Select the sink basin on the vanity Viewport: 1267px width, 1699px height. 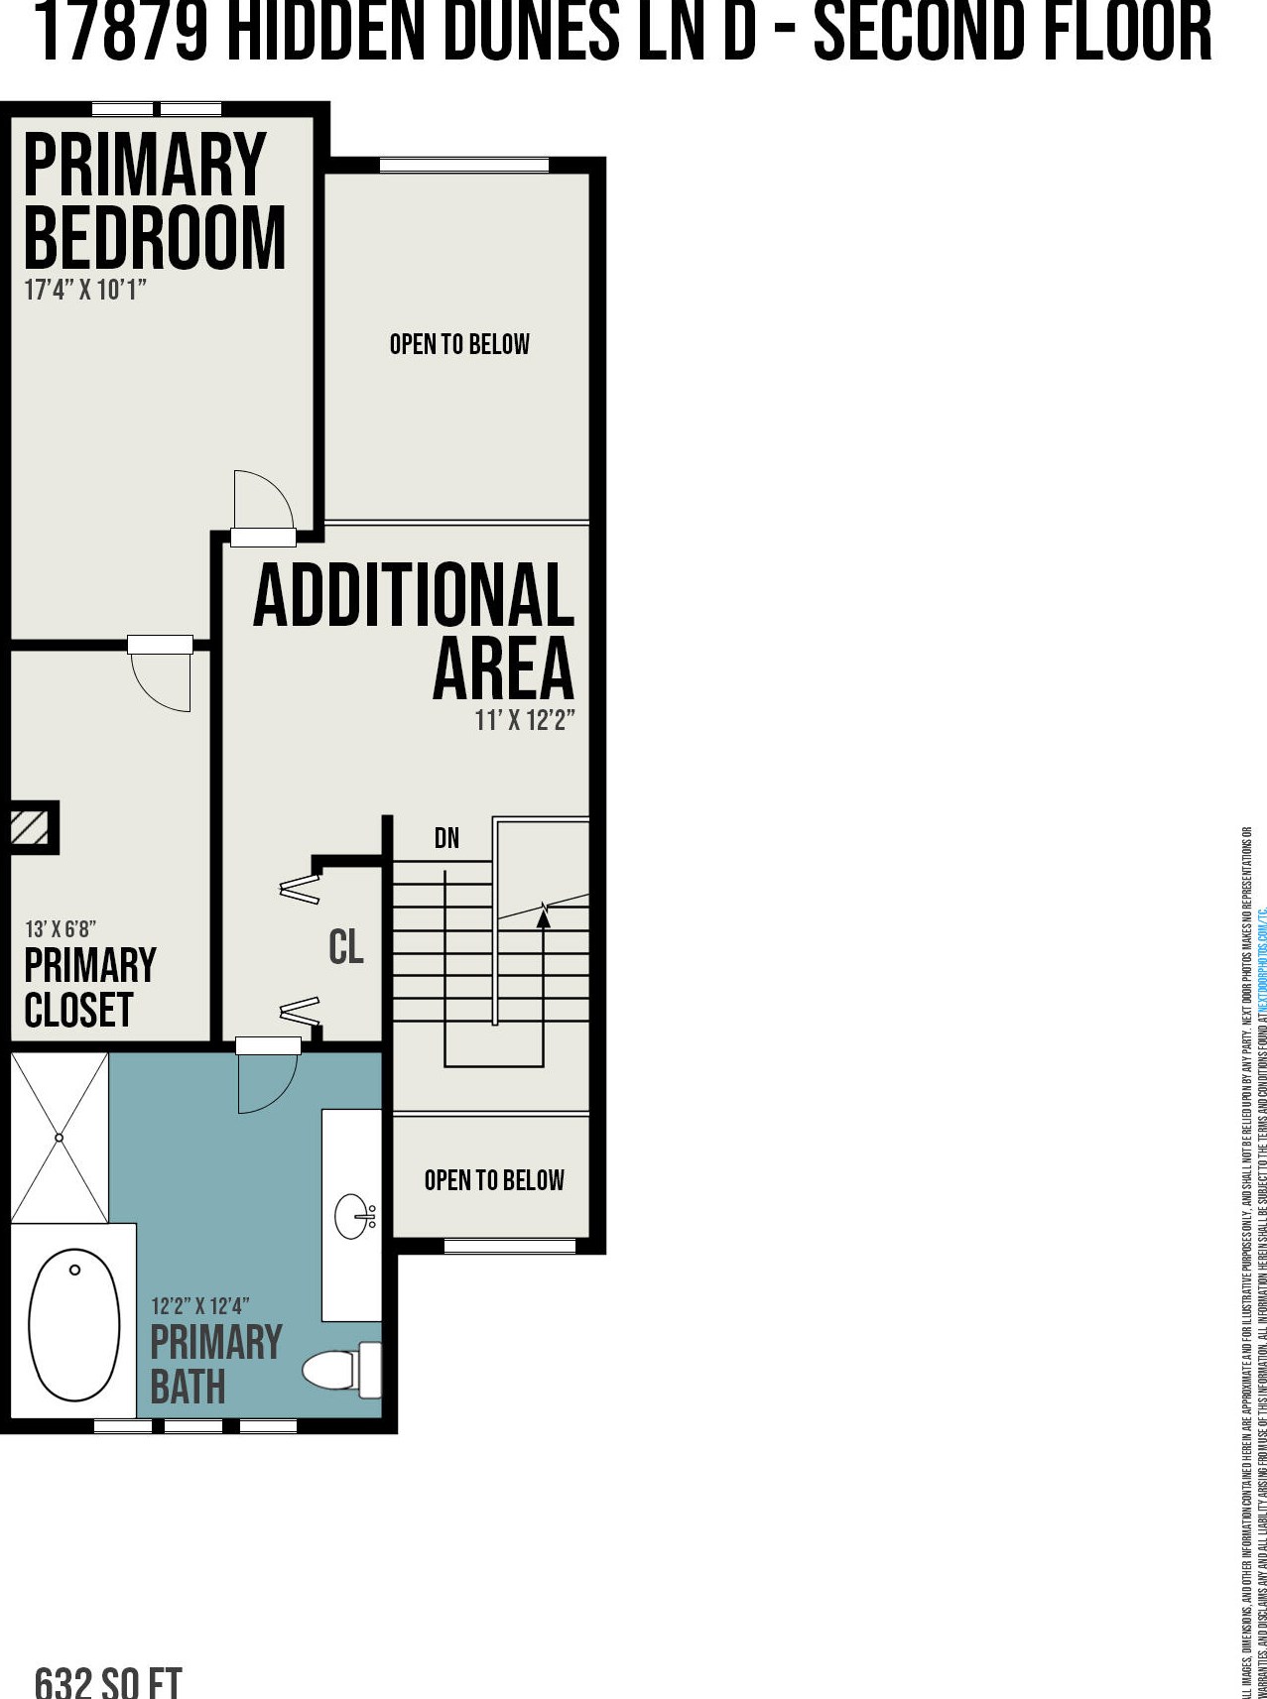coord(354,1216)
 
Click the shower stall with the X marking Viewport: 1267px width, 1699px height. coord(59,1137)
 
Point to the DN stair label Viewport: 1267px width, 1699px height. coord(446,838)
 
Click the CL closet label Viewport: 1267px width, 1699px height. coord(346,946)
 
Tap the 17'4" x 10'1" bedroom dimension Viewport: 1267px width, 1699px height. coord(85,292)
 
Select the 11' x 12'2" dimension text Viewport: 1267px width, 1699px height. coord(525,721)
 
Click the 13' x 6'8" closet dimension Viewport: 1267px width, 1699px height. coord(61,929)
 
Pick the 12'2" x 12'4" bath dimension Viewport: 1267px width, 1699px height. coord(199,1306)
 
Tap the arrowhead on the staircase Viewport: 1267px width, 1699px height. coord(543,918)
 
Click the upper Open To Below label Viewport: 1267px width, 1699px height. coord(459,344)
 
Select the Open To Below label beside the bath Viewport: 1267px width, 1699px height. coord(494,1180)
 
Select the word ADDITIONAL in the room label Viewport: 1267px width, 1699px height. coord(414,595)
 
